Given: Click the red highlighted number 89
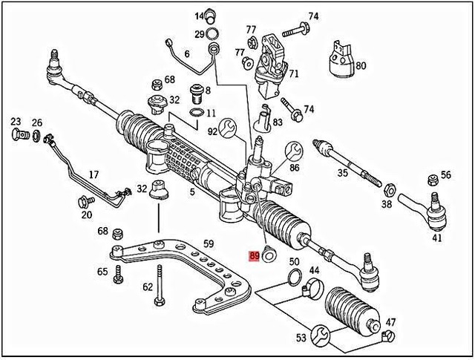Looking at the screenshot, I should point(254,255).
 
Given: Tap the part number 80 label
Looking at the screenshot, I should point(361,65).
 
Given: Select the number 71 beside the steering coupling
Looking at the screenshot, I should point(294,74).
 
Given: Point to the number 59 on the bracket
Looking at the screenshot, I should point(209,243).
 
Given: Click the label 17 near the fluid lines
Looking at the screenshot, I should point(94,175).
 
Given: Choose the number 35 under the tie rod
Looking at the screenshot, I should point(342,173).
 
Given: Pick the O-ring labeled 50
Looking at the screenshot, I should point(294,278).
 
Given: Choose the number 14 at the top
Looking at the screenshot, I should point(200,16).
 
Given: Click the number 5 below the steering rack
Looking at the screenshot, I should point(191,192).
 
